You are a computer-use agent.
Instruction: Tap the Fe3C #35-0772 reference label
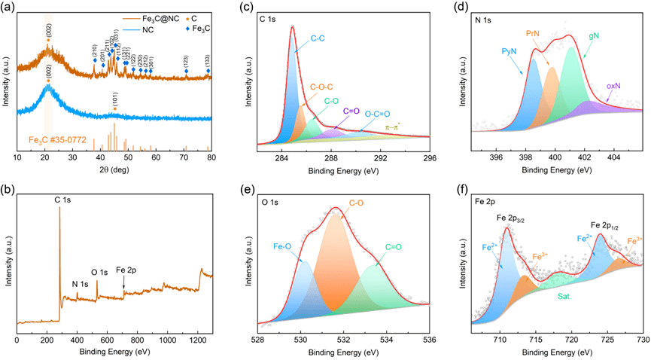(57, 139)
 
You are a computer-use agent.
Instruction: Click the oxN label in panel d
(614, 86)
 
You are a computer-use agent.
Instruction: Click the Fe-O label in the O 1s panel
(283, 246)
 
